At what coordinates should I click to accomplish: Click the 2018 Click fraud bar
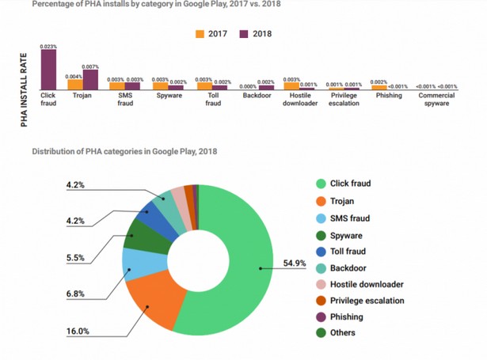pos(48,70)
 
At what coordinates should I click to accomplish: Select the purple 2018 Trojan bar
pos(90,79)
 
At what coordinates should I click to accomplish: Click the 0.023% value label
pos(48,47)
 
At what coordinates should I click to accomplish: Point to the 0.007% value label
pos(90,66)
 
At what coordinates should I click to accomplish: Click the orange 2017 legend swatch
pos(200,34)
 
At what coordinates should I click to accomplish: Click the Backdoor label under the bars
pos(257,96)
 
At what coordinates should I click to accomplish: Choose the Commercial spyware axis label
pos(436,100)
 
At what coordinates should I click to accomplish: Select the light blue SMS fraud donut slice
pos(135,264)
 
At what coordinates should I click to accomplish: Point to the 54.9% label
pos(295,263)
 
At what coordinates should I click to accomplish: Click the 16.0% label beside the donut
pos(77,332)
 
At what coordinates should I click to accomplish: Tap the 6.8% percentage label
pos(77,294)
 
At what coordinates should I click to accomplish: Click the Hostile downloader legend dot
pos(321,284)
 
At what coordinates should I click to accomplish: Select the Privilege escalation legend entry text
pos(367,301)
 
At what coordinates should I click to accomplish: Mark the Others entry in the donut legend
pos(343,333)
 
